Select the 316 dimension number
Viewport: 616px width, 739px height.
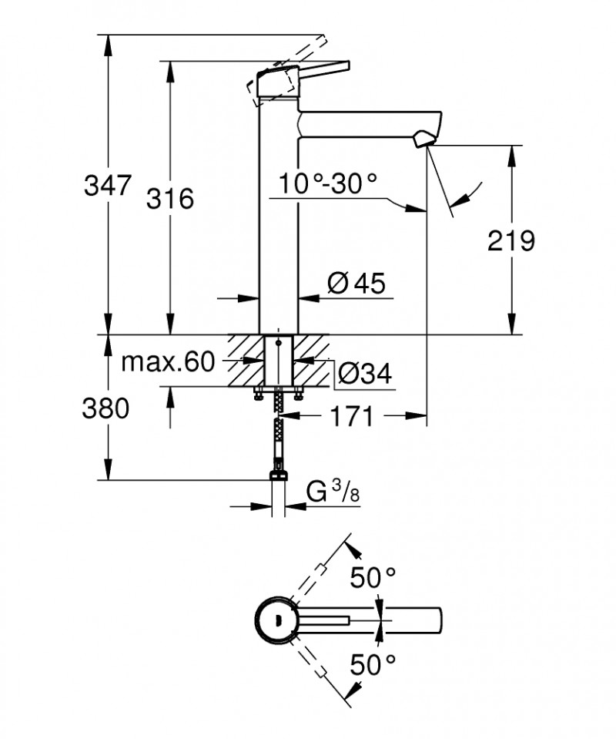(169, 199)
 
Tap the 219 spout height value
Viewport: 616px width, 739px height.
(511, 241)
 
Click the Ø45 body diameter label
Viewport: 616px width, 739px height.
(356, 284)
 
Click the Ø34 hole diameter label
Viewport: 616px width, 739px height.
(365, 375)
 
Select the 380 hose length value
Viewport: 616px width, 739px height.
(105, 409)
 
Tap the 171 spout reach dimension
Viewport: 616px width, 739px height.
(351, 417)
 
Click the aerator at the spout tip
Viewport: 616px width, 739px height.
(423, 139)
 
